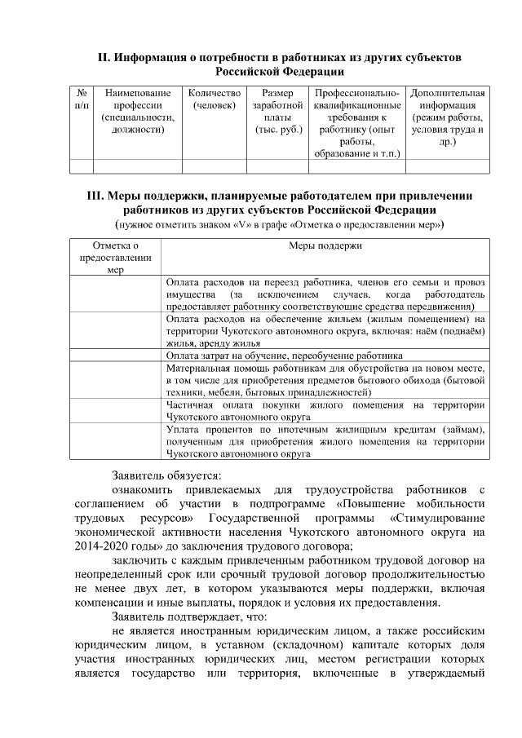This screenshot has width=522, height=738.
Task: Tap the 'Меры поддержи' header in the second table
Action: click(325, 245)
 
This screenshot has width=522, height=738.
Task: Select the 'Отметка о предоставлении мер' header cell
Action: click(115, 256)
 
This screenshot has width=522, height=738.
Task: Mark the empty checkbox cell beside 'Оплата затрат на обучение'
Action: click(115, 356)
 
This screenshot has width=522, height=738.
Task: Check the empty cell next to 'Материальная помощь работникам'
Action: click(115, 379)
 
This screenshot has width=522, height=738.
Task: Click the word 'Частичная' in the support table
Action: click(190, 404)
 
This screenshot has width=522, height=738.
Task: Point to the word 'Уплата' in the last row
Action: click(184, 429)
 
